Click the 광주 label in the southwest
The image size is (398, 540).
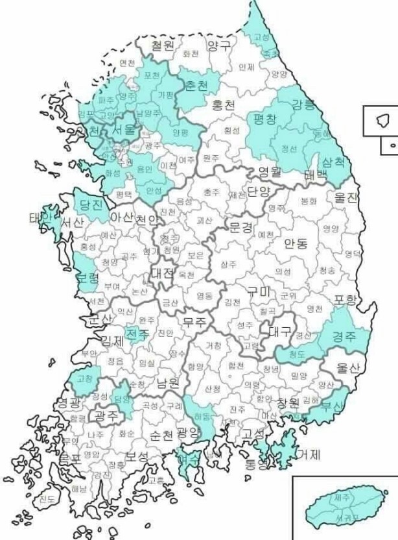click(x=105, y=414)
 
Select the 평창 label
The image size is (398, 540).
click(x=264, y=119)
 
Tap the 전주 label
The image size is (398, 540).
click(x=137, y=334)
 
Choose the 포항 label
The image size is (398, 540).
click(x=345, y=299)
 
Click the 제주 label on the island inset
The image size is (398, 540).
click(x=341, y=498)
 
